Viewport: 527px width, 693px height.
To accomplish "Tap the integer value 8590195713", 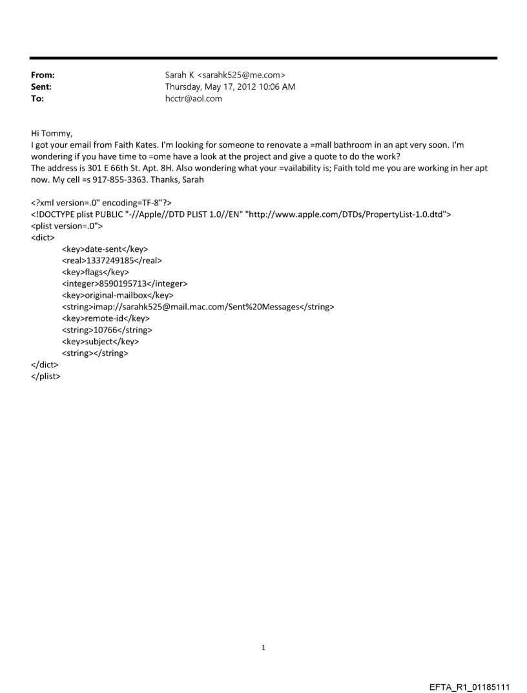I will tap(123, 283).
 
